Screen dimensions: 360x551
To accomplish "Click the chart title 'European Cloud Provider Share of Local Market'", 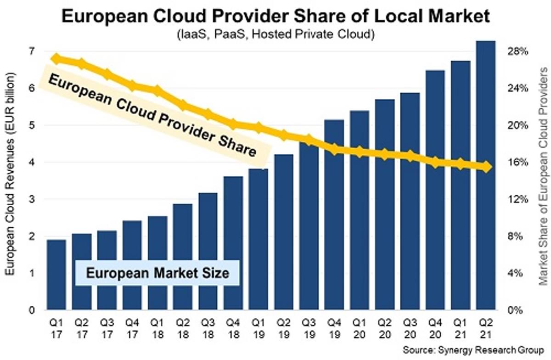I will [275, 17].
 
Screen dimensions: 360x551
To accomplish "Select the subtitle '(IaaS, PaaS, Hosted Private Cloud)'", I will [275, 35].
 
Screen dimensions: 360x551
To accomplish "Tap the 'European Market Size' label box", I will [157, 273].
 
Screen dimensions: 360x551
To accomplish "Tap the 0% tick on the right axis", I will [519, 310].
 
